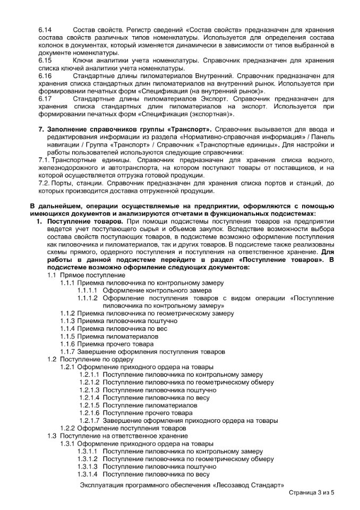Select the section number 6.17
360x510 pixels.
click(45, 99)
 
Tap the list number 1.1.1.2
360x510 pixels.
click(88, 298)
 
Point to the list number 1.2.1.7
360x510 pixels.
click(89, 420)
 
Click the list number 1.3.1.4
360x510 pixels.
click(88, 474)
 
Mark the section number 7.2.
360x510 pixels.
click(44, 183)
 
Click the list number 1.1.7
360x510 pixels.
click(67, 352)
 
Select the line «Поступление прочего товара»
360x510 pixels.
click(148, 413)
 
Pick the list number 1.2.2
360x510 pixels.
click(67, 428)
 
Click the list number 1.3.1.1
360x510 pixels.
click(88, 451)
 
